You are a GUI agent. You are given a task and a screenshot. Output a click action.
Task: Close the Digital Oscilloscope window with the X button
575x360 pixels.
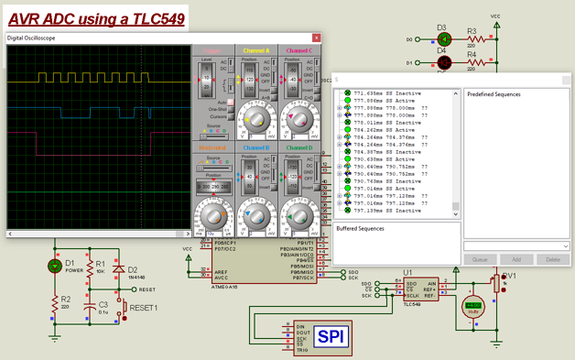(x=317, y=38)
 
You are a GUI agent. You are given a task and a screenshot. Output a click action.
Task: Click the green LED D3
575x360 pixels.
(x=446, y=39)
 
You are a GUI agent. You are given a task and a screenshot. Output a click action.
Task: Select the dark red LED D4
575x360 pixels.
(x=446, y=62)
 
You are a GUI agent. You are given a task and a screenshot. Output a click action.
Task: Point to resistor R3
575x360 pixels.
(x=472, y=39)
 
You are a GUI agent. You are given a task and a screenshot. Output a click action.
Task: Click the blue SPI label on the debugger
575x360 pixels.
(x=329, y=336)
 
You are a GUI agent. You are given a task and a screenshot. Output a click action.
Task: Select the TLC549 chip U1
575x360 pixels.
(x=423, y=289)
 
